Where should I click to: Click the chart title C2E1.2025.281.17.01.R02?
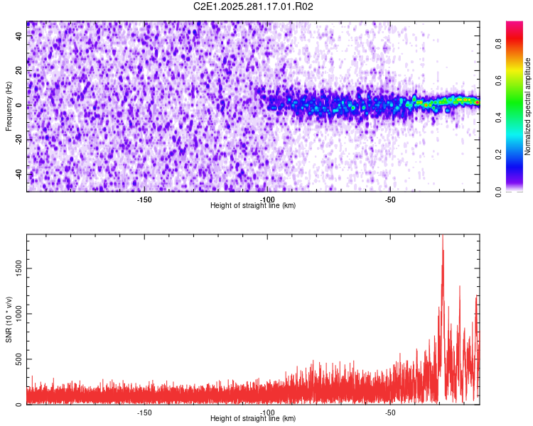pyautogui.click(x=254, y=6)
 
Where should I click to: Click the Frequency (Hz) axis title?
pyautogui.click(x=9, y=106)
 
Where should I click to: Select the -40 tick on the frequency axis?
pyautogui.click(x=20, y=174)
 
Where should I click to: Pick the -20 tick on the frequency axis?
pyautogui.click(x=20, y=139)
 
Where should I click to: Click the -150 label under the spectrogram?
pyautogui.click(x=144, y=200)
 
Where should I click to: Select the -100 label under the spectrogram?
pyautogui.click(x=267, y=200)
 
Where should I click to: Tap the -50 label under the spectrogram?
pyautogui.click(x=390, y=200)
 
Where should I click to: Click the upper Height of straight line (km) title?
pyautogui.click(x=253, y=206)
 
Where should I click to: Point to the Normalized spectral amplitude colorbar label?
pyautogui.click(x=528, y=106)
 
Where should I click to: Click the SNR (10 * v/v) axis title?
pyautogui.click(x=9, y=319)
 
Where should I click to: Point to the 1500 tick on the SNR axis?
pyautogui.click(x=17, y=267)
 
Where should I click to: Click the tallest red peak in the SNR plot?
pyautogui.click(x=442, y=236)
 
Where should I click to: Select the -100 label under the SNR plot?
pyautogui.click(x=267, y=413)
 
